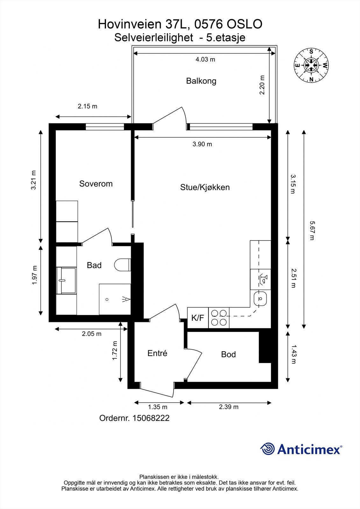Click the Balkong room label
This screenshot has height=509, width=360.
(201, 81)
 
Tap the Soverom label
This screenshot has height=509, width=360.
(96, 184)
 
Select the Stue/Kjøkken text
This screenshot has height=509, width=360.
(205, 187)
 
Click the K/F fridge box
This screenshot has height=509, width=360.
(198, 317)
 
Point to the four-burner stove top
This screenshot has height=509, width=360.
(219, 317)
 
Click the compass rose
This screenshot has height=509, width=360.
(311, 66)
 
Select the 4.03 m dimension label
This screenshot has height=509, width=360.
(205, 59)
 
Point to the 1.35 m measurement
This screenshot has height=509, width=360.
(158, 407)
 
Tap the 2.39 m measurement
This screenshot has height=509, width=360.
(229, 407)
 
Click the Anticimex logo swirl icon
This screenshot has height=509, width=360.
(267, 449)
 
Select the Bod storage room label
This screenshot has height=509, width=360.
(228, 354)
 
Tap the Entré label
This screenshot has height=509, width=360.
(157, 353)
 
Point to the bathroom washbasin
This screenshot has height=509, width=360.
(66, 281)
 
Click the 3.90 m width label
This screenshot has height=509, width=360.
(202, 144)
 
